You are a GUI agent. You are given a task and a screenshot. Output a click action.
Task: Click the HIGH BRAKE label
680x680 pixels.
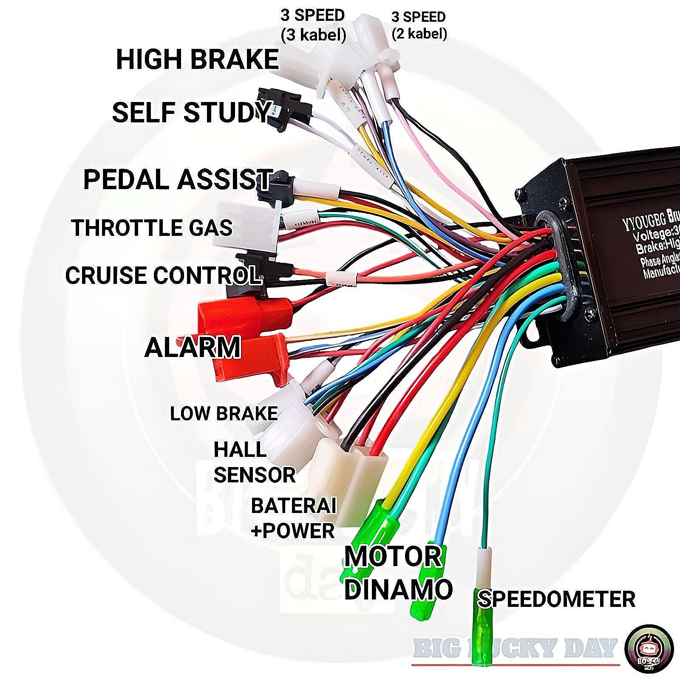(197, 59)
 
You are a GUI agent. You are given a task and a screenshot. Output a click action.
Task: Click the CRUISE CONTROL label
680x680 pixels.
(162, 275)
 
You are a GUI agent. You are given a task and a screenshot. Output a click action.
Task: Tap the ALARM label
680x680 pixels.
(193, 347)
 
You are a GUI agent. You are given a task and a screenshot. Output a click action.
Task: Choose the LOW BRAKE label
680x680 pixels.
(224, 413)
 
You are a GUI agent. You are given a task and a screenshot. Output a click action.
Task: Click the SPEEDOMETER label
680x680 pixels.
(556, 599)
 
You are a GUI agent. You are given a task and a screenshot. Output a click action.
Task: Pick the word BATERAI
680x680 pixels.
(293, 506)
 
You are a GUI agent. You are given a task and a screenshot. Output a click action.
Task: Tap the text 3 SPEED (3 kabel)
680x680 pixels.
(312, 25)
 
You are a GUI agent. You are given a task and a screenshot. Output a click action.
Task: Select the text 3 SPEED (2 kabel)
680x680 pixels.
(419, 25)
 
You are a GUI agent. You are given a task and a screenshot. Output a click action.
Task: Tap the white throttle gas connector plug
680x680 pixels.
(246, 227)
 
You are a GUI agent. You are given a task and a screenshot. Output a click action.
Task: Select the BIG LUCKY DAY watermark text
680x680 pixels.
(515, 649)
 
